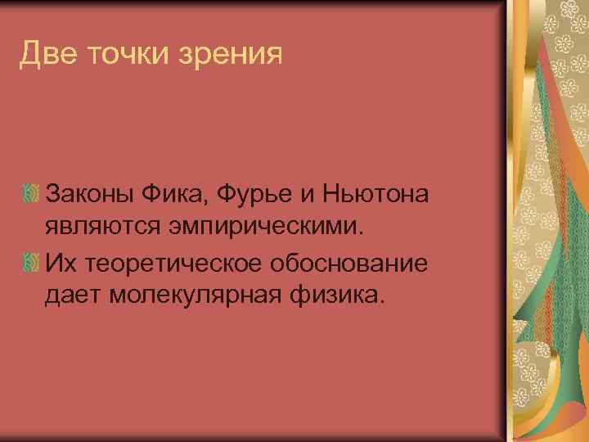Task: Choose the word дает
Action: click(x=70, y=293)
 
